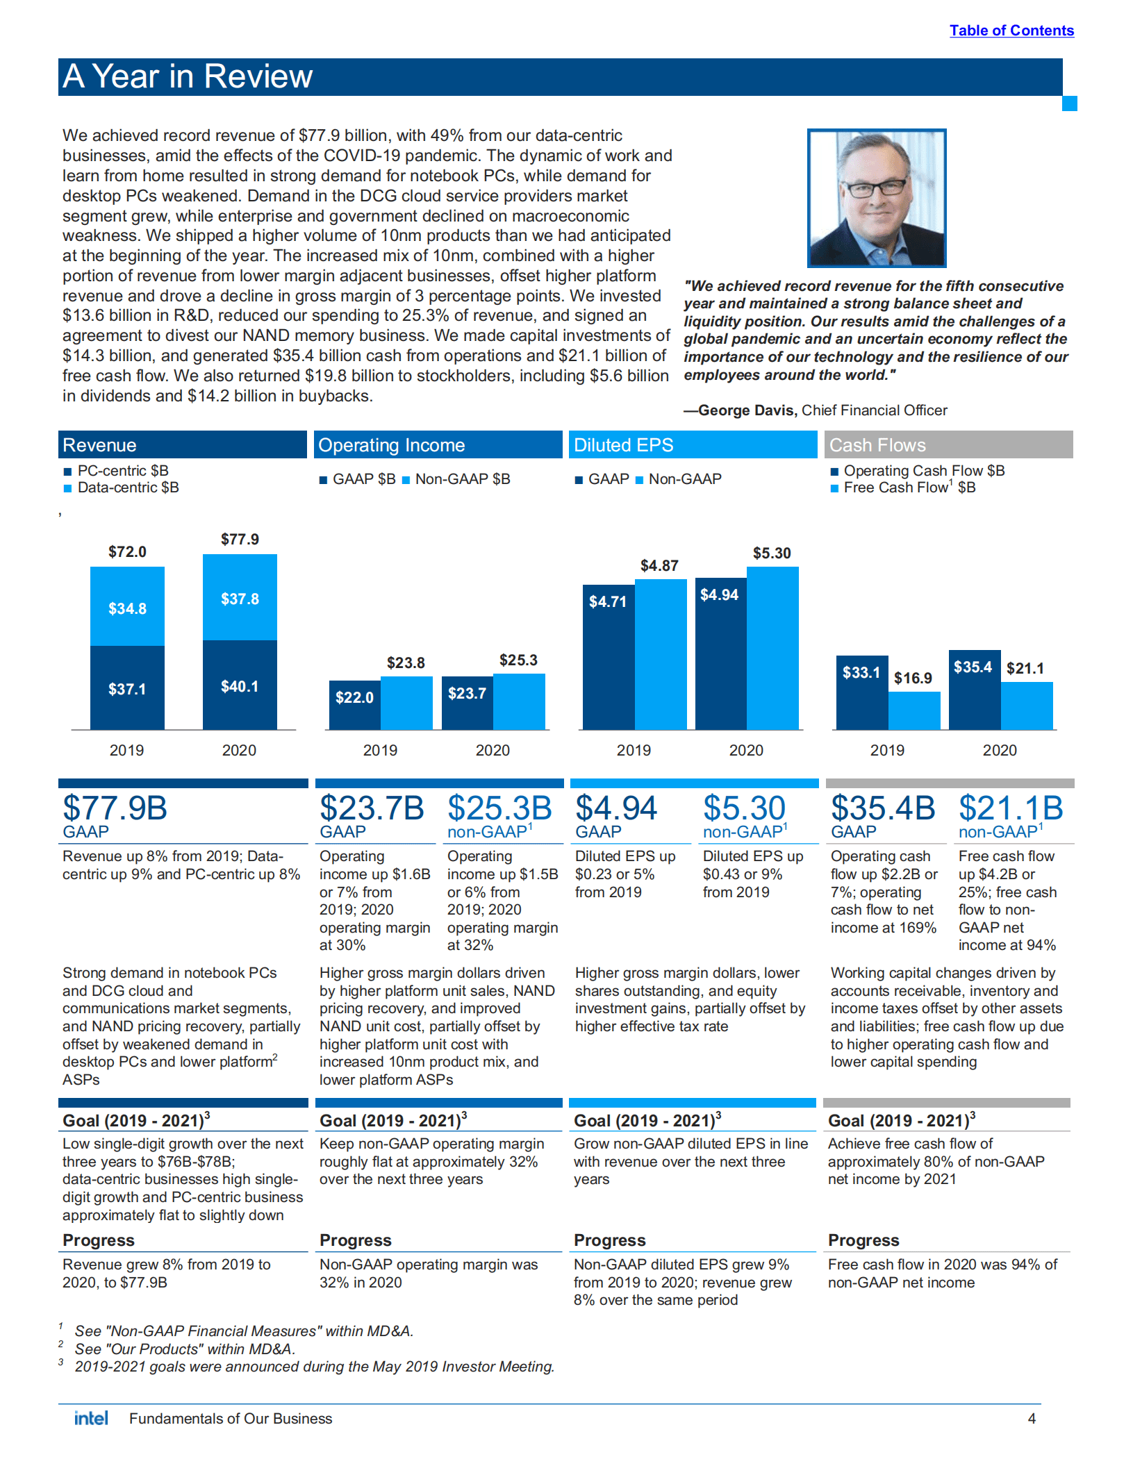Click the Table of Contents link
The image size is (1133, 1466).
pyautogui.click(x=1011, y=31)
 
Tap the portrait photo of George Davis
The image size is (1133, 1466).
pyautogui.click(x=876, y=198)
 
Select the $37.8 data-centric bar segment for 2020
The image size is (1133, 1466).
pyautogui.click(x=240, y=598)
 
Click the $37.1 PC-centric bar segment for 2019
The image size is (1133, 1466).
pyautogui.click(x=127, y=688)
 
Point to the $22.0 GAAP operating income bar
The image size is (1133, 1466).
pyautogui.click(x=354, y=704)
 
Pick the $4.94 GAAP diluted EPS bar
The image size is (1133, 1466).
pyautogui.click(x=720, y=653)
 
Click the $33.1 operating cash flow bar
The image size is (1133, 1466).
pyautogui.click(x=861, y=692)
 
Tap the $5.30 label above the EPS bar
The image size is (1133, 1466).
pyautogui.click(x=772, y=553)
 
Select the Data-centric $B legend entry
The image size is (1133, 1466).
pyautogui.click(x=127, y=488)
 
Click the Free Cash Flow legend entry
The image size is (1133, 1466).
pyautogui.click(x=909, y=488)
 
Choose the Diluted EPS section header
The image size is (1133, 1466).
pyautogui.click(x=623, y=445)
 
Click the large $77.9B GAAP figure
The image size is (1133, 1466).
pyautogui.click(x=115, y=808)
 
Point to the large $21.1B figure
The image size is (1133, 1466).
pyautogui.click(x=1011, y=808)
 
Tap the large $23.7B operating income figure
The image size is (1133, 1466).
pyautogui.click(x=372, y=808)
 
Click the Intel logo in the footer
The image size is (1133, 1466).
pyautogui.click(x=91, y=1418)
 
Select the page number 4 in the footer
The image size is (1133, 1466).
pyautogui.click(x=1032, y=1419)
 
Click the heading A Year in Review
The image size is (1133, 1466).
pyautogui.click(x=188, y=76)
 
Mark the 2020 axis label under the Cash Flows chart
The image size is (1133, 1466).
pyautogui.click(x=999, y=750)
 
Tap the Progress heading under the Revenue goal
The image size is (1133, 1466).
pyautogui.click(x=99, y=1240)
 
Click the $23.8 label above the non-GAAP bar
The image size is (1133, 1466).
pyautogui.click(x=406, y=663)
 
